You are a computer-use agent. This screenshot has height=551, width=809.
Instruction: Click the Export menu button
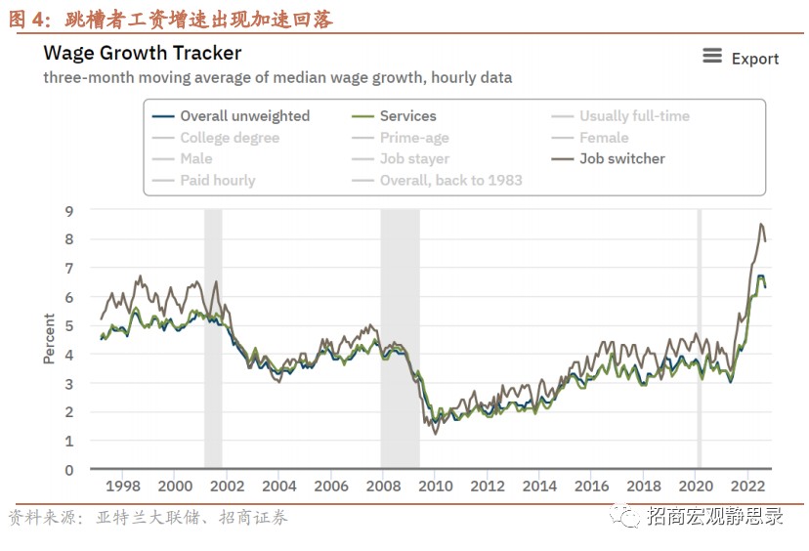click(741, 59)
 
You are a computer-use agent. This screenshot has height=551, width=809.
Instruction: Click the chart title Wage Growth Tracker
click(143, 53)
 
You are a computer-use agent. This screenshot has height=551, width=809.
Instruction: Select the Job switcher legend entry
click(621, 158)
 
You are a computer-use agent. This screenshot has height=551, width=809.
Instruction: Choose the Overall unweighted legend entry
click(244, 115)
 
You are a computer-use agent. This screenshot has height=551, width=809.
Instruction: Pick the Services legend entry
click(407, 115)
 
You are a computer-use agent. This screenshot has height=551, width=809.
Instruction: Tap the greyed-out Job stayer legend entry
click(414, 158)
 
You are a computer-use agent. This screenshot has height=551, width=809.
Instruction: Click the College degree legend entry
click(230, 138)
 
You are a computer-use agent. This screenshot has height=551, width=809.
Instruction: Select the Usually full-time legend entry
click(634, 115)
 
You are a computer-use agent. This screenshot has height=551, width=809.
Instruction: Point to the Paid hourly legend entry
click(217, 180)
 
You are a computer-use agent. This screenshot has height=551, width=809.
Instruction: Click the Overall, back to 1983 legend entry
click(450, 180)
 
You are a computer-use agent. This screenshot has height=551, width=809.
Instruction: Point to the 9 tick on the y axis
click(69, 210)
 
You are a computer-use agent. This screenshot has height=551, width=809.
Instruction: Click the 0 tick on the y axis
click(69, 470)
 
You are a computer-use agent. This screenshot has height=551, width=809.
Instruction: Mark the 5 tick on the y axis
click(69, 325)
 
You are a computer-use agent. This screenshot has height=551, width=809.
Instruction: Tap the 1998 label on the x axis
click(122, 486)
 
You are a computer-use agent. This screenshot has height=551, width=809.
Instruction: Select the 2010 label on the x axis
click(435, 486)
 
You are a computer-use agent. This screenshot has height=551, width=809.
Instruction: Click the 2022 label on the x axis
click(747, 486)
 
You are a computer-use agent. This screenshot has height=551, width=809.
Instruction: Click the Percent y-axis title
click(49, 339)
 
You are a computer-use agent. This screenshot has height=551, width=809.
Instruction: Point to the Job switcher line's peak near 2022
click(761, 225)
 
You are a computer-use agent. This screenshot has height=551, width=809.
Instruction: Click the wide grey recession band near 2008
click(400, 342)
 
